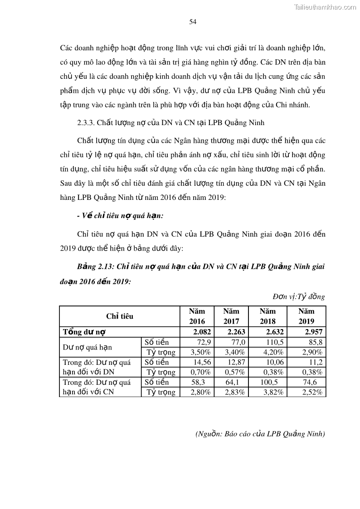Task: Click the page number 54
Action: coord(192,21)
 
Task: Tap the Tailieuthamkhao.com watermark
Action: coord(325,7)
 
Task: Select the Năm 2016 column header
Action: coord(197,316)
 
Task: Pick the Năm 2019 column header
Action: coord(306,316)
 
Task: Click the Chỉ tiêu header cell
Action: coord(120,316)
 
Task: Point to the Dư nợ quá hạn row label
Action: coord(87,347)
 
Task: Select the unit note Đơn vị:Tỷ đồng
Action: coord(299,297)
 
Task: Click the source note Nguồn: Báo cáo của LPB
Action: coord(260,433)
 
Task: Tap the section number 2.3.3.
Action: coord(87,122)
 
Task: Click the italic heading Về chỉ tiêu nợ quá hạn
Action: coord(120,216)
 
